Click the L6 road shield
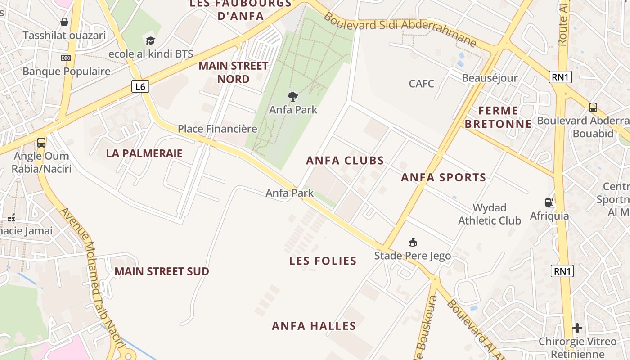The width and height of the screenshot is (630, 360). tap(140, 86)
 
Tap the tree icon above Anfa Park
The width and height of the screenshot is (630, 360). tap(293, 97)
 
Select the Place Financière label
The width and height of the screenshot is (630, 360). tap(217, 129)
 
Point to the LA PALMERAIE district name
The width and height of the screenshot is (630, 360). tap(144, 153)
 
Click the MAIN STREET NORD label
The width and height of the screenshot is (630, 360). tap(233, 72)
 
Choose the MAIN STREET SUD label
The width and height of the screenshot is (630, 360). tap(162, 271)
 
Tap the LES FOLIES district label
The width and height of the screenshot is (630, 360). tap(323, 261)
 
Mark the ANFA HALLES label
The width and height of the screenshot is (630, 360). tap(314, 326)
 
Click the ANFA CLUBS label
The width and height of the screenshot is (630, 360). tap(345, 161)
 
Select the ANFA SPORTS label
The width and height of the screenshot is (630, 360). tap(444, 177)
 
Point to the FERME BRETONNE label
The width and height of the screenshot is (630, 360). tap(498, 117)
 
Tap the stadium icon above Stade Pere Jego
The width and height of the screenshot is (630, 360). tap(412, 243)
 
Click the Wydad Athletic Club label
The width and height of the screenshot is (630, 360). tap(490, 214)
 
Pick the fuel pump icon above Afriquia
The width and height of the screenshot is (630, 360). tap(549, 203)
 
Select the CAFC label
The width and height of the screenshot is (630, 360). tap(422, 84)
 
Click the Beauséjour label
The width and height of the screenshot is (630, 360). tap(490, 78)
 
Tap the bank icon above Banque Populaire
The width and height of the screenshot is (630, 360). tap(66, 58)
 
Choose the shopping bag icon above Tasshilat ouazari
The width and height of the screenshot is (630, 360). tap(64, 22)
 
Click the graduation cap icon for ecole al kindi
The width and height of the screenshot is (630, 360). tap(150, 41)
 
